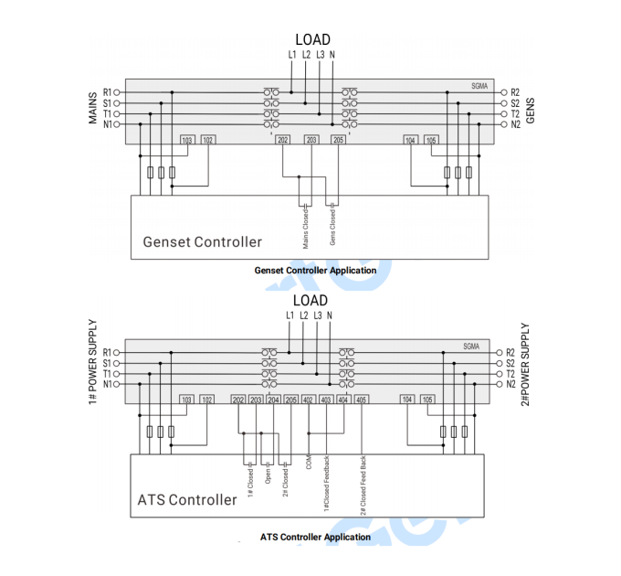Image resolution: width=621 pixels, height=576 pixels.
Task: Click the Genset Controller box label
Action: tap(203, 241)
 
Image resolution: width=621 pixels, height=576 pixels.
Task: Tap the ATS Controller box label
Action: tap(187, 500)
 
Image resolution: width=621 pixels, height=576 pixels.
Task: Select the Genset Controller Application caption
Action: tap(315, 271)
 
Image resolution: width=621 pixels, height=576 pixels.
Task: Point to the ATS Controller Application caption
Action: tap(315, 538)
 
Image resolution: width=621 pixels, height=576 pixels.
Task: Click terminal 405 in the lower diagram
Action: tap(362, 400)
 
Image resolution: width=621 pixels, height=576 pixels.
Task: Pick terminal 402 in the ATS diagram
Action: tap(308, 400)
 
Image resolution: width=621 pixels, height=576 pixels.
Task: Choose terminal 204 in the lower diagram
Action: tap(274, 400)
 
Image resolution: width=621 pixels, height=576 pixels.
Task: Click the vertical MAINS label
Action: tap(92, 108)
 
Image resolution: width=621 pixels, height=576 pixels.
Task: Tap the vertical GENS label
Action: tap(530, 111)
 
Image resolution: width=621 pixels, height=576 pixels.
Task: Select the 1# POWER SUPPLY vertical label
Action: tap(92, 362)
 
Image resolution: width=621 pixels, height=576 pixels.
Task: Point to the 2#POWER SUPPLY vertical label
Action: tap(525, 364)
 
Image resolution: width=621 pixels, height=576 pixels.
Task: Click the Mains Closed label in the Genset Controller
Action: tap(306, 229)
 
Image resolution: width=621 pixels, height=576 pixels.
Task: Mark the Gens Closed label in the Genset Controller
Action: tap(332, 227)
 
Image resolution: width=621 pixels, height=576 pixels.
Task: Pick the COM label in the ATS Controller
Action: tap(309, 463)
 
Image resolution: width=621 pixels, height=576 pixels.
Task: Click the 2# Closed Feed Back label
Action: tap(363, 485)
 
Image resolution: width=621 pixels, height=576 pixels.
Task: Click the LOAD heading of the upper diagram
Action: tap(313, 39)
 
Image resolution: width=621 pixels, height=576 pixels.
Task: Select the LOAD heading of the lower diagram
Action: tap(310, 301)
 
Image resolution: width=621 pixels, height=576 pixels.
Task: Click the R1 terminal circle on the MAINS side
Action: tap(117, 92)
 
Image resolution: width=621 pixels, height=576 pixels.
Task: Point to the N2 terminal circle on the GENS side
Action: tap(504, 124)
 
